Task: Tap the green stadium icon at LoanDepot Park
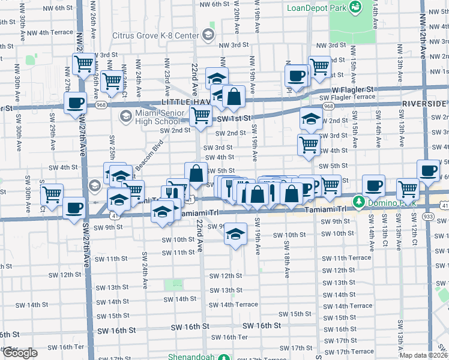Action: click(356, 7)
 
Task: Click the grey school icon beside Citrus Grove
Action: click(208, 35)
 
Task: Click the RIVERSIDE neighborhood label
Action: click(424, 104)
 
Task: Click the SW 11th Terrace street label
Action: click(346, 258)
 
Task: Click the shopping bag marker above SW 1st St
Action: click(234, 96)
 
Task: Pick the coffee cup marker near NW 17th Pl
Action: click(296, 76)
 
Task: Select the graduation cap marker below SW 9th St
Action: click(236, 232)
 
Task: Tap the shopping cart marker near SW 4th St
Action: click(309, 144)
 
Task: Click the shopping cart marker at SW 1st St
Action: click(200, 116)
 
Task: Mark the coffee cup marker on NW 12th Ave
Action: click(428, 170)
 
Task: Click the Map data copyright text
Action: click(424, 355)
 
